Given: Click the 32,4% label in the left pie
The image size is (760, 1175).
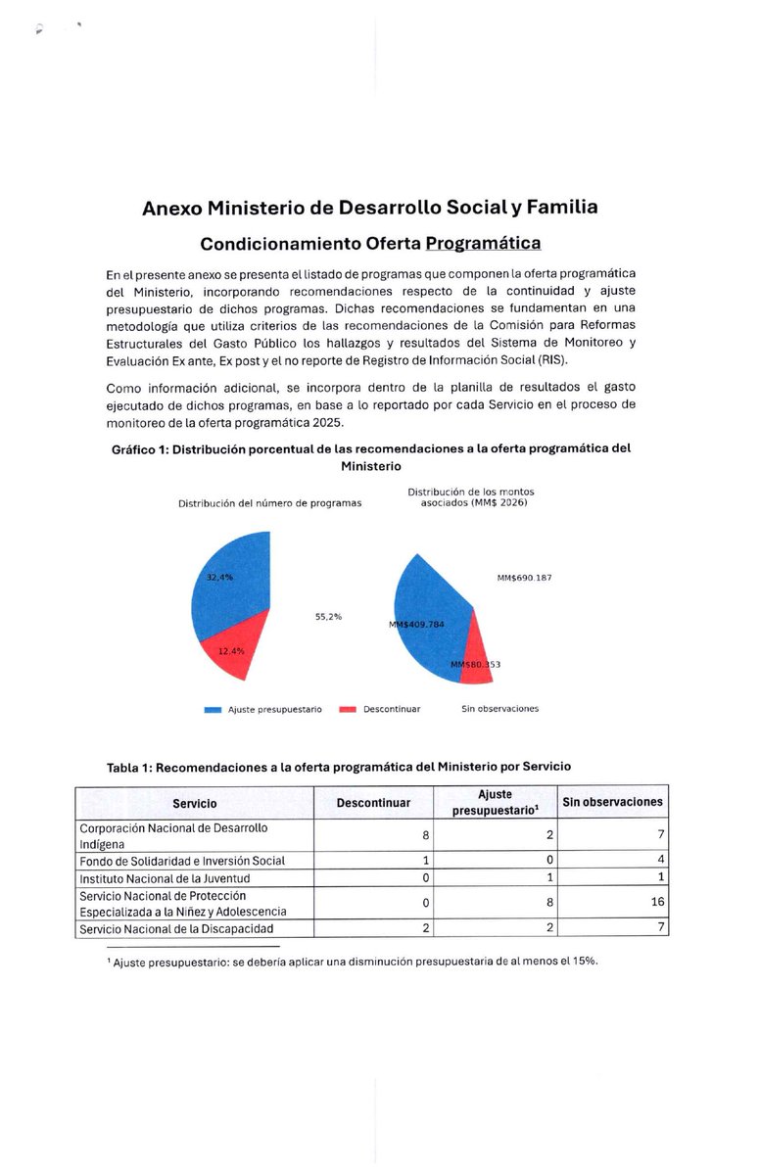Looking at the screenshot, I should [219, 578].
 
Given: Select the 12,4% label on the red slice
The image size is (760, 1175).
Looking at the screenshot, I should [231, 651].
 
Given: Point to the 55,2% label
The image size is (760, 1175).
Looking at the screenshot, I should [328, 617].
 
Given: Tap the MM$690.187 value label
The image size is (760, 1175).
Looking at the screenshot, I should [524, 578].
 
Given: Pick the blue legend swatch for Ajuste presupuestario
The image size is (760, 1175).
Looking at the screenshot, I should [213, 709].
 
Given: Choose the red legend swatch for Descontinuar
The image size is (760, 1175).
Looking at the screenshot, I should [347, 709].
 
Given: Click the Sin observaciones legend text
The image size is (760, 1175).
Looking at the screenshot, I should [499, 709].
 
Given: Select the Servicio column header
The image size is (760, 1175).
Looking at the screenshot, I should [195, 804].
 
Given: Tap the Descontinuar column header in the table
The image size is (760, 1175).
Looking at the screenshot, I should [373, 804].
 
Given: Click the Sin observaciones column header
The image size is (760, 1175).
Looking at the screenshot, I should [612, 802].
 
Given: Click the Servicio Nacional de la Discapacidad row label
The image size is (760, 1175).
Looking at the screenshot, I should [176, 928].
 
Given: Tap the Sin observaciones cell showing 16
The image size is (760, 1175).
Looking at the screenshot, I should [657, 902].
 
